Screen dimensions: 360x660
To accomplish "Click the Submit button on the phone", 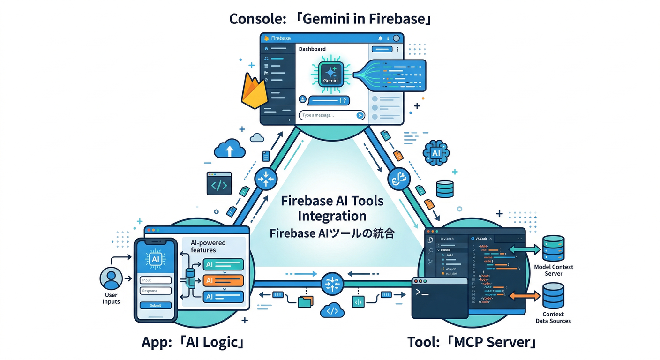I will (155, 305).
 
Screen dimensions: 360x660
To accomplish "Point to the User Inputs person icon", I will (111, 278).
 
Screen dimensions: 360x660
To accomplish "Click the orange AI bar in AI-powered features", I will (224, 281).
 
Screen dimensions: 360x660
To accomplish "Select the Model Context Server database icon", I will (553, 248).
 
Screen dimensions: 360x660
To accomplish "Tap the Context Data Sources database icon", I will (553, 296).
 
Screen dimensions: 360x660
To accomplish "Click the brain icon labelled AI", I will (436, 153).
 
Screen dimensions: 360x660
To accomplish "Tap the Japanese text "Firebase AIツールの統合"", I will (332, 233).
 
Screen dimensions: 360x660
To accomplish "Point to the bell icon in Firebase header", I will (380, 38).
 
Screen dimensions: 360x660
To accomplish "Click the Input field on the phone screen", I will (155, 280).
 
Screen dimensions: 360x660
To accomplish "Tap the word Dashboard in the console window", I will (312, 49).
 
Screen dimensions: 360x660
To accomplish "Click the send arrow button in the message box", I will (360, 115).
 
